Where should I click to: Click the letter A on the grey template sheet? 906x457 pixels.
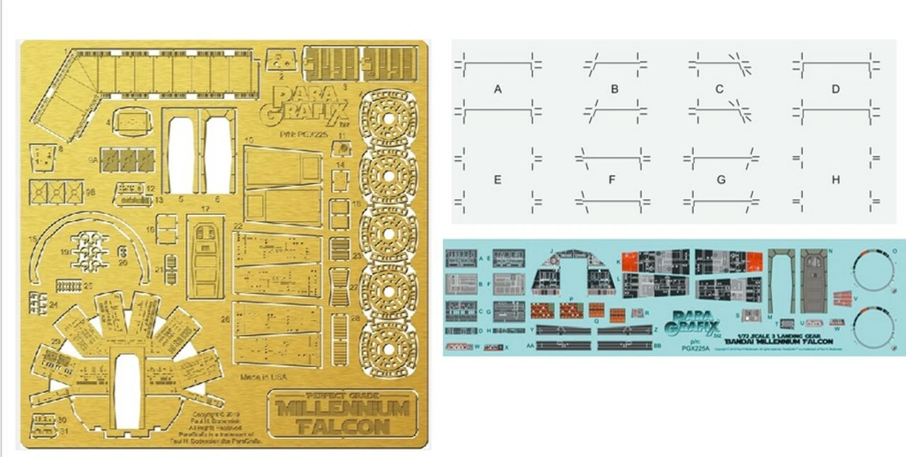tap(498, 89)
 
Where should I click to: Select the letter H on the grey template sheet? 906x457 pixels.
tap(836, 180)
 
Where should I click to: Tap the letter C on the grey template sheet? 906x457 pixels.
tap(720, 89)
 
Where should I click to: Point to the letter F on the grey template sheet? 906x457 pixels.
tap(612, 180)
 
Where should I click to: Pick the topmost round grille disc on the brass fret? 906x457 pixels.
tap(389, 118)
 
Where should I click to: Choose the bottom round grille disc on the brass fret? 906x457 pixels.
tap(389, 347)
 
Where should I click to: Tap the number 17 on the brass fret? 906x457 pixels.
tap(205, 210)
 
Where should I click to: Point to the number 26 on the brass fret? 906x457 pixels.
tap(225, 320)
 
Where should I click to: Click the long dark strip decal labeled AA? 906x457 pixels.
tap(563, 346)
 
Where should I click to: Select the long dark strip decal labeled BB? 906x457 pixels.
tap(624, 346)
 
